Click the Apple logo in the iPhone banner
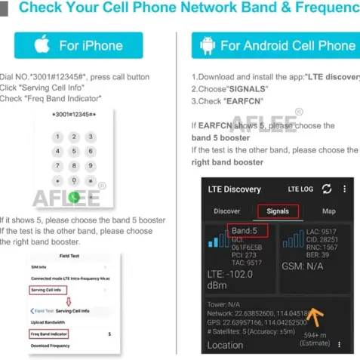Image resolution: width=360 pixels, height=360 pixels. point(44,45)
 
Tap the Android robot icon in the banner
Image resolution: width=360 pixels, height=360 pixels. point(208,45)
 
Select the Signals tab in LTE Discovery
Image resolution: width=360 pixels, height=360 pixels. point(272,211)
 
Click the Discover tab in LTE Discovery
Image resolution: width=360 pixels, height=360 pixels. point(227,211)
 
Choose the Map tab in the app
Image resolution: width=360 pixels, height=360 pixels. point(328,211)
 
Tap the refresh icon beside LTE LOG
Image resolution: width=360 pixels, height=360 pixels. point(326,189)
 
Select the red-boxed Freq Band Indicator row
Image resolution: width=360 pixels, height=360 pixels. point(51,333)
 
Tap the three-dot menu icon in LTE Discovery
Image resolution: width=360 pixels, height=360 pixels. point(344,189)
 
